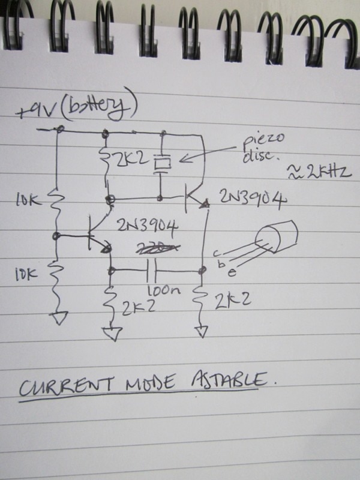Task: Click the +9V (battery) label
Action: (x=78, y=110)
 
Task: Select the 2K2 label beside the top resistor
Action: (x=133, y=160)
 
